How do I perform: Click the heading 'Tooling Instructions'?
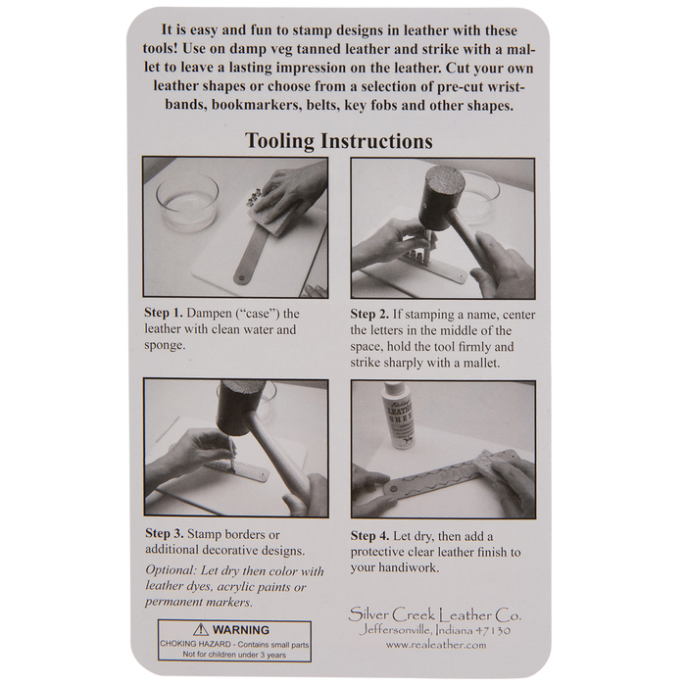point(339,141)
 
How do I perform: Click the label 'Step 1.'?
point(164,314)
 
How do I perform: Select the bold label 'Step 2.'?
point(369,315)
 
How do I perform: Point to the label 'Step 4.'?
point(369,536)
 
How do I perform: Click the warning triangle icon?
point(201,629)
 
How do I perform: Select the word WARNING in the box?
point(241,630)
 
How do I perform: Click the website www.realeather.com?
point(436,645)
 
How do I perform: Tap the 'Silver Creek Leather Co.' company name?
point(435,615)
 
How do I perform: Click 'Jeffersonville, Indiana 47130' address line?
point(435,630)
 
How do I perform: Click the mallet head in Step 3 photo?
point(240,407)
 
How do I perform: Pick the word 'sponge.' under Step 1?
point(165,346)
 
